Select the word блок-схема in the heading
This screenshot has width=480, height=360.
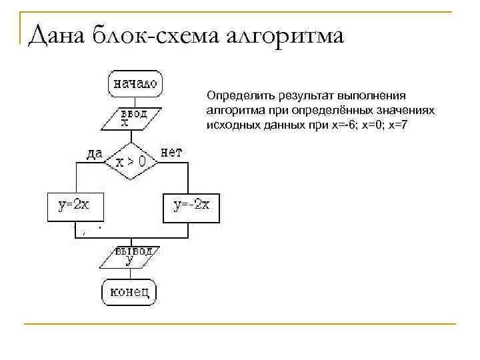pyautogui.click(x=159, y=35)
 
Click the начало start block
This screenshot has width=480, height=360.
pyautogui.click(x=135, y=84)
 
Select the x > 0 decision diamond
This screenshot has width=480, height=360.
pyautogui.click(x=131, y=161)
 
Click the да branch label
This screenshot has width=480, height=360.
pyautogui.click(x=94, y=153)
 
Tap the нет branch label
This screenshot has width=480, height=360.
pyautogui.click(x=171, y=153)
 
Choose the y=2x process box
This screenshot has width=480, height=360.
pyautogui.click(x=75, y=207)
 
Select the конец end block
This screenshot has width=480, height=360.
pyautogui.click(x=130, y=292)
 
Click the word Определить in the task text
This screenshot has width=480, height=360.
pyautogui.click(x=236, y=97)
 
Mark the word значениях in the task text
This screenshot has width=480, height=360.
pyautogui.click(x=406, y=111)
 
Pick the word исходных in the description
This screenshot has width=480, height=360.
pyautogui.click(x=231, y=124)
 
